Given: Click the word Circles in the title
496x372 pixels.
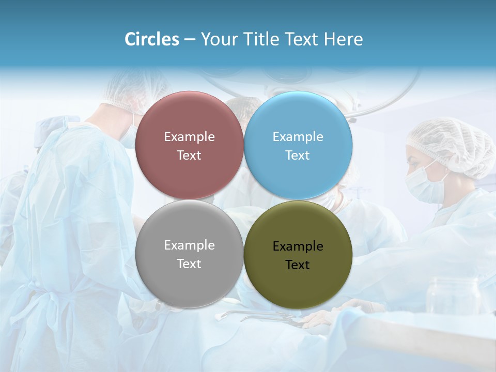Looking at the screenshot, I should (x=152, y=39).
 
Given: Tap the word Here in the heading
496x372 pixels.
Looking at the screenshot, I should (x=343, y=39).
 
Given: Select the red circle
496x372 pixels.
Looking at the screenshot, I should (x=189, y=119).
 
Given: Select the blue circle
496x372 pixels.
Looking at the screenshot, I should (x=298, y=119).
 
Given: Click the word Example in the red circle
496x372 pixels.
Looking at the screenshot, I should (x=189, y=137).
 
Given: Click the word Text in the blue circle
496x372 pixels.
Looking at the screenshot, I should (x=298, y=156).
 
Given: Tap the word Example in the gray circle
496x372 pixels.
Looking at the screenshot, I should (x=189, y=245).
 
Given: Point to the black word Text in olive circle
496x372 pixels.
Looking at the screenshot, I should (x=298, y=265).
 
